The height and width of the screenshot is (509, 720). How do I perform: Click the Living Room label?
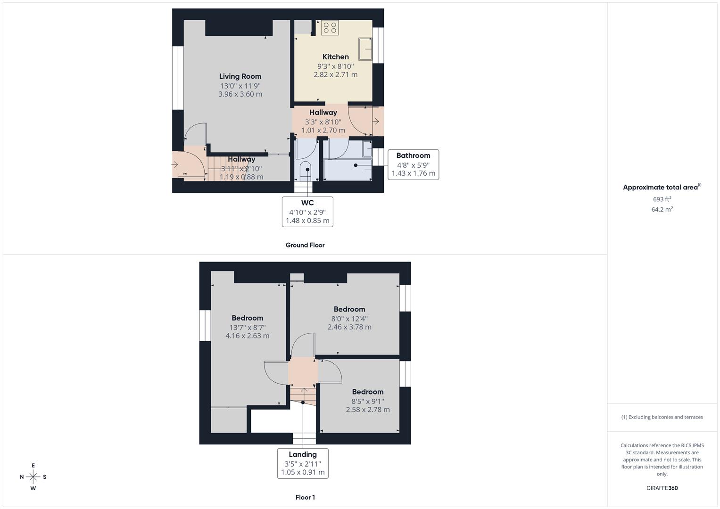tap(240, 76)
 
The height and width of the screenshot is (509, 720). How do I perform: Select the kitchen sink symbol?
tap(365, 49)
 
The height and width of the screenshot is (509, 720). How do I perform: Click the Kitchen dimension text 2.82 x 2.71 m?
tap(335, 74)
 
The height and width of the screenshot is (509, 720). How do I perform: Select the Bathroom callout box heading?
tap(413, 156)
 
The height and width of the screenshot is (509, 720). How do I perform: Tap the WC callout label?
tap(307, 203)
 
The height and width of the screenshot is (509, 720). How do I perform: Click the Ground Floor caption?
tap(305, 245)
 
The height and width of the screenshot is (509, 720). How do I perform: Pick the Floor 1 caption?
tap(305, 497)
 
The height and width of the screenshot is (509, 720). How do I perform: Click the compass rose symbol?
tap(33, 477)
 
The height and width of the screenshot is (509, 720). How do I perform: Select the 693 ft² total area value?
tap(662, 199)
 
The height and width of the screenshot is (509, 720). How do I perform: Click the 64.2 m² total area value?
tap(662, 210)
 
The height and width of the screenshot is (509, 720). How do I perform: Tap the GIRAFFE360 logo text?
tap(662, 488)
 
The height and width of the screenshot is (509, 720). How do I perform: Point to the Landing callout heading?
tap(303, 455)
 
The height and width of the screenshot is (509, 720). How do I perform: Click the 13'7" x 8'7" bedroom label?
tap(248, 328)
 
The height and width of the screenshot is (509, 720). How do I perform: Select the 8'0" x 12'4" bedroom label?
tap(349, 319)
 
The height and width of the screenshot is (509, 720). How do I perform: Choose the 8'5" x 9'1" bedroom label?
tap(368, 402)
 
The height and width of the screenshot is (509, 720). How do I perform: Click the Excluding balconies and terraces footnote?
tap(662, 417)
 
